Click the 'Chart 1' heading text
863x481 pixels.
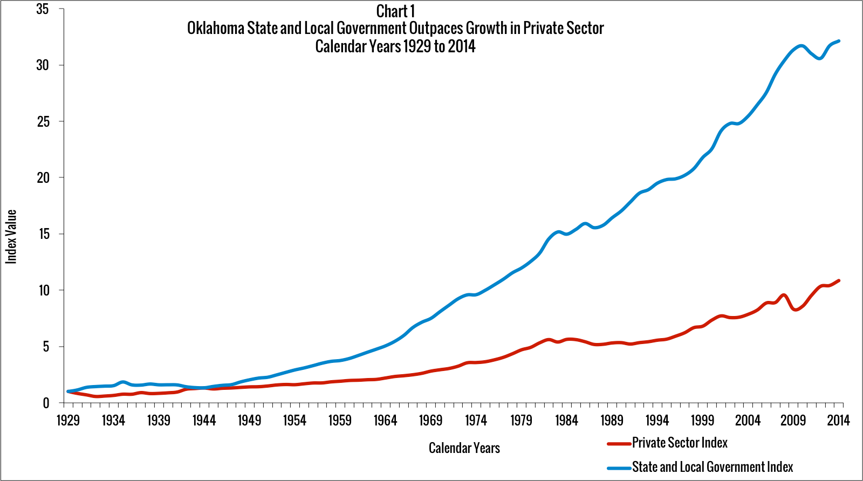pyautogui.click(x=395, y=11)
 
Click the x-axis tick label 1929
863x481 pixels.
pyautogui.click(x=68, y=420)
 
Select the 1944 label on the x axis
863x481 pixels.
pyautogui.click(x=204, y=420)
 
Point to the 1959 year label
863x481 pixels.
pyautogui.click(x=340, y=420)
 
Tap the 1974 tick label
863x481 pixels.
pyautogui.click(x=476, y=420)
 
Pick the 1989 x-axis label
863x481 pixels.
pyautogui.click(x=612, y=420)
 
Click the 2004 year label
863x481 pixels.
pyautogui.click(x=748, y=420)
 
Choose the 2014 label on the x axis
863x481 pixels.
pyautogui.click(x=838, y=420)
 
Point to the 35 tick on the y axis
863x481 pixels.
pyautogui.click(x=43, y=9)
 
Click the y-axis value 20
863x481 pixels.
pyautogui.click(x=43, y=178)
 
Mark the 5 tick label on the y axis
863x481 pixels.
pyautogui.click(x=46, y=347)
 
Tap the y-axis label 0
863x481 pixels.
pyautogui.click(x=46, y=403)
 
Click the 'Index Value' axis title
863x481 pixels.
pyautogui.click(x=11, y=237)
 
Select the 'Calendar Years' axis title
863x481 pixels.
pyautogui.click(x=464, y=448)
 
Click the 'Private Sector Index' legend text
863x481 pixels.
pyautogui.click(x=680, y=443)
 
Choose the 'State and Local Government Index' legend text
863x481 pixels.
pyautogui.click(x=713, y=467)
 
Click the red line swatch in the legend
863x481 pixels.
pyautogui.click(x=619, y=444)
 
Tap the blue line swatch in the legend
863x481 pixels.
pyautogui.click(x=619, y=468)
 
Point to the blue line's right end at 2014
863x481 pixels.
pyautogui.click(x=839, y=41)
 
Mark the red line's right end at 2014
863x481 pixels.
pyautogui.click(x=839, y=280)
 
